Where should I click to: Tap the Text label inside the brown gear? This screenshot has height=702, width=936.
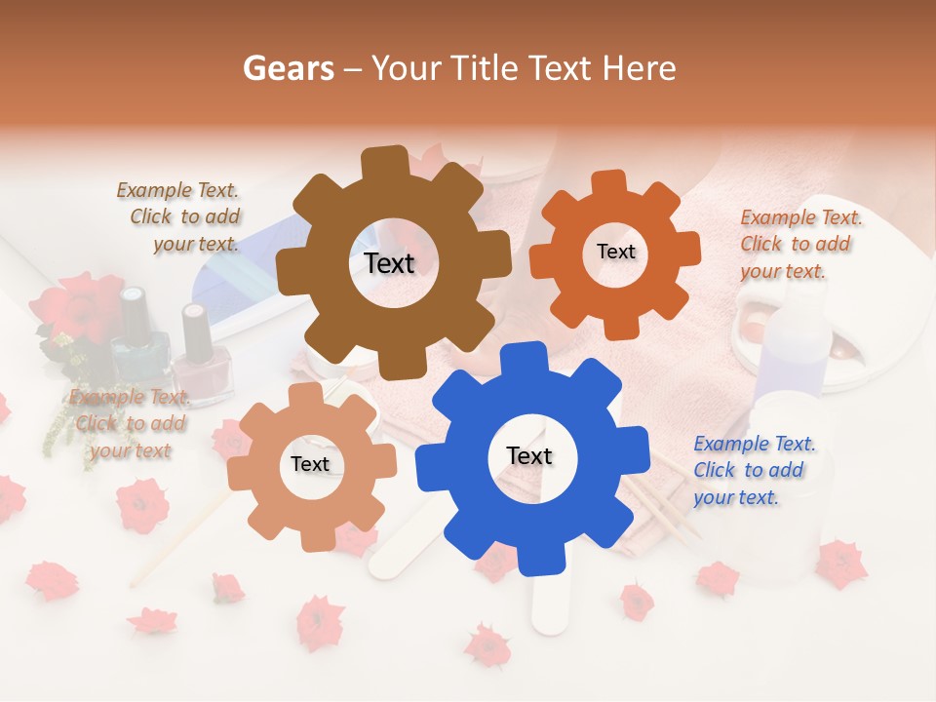[389, 263]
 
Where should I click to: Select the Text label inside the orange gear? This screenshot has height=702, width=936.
[615, 252]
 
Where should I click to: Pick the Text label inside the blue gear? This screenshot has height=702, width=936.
[529, 455]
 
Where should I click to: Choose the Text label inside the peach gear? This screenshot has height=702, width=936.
[310, 464]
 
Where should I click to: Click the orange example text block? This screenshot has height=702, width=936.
[799, 244]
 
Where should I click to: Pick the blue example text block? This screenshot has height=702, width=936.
[753, 470]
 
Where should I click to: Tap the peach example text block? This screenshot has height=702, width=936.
[130, 423]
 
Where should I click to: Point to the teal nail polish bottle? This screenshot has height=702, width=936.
[132, 336]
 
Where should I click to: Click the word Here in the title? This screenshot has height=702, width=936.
[641, 68]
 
